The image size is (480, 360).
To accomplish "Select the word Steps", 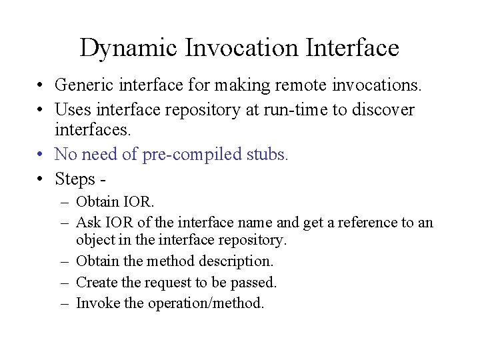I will (75, 179).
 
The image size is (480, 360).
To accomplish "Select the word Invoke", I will (98, 303).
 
